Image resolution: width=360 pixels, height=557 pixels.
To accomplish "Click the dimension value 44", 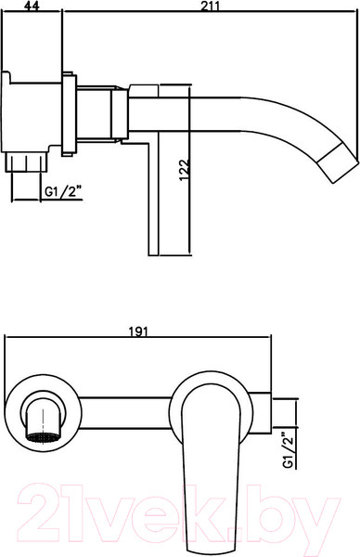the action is coord(32,6).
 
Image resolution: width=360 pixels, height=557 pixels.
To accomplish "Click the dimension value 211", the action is coord(211,6).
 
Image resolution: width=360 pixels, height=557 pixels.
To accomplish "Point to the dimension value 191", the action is coord(137,331).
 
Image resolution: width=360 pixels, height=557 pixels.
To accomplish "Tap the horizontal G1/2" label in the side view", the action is coord(62,192).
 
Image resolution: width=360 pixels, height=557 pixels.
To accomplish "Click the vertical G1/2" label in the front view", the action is coord(289,450).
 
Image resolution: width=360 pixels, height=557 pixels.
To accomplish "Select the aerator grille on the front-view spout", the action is coord(43,437).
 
